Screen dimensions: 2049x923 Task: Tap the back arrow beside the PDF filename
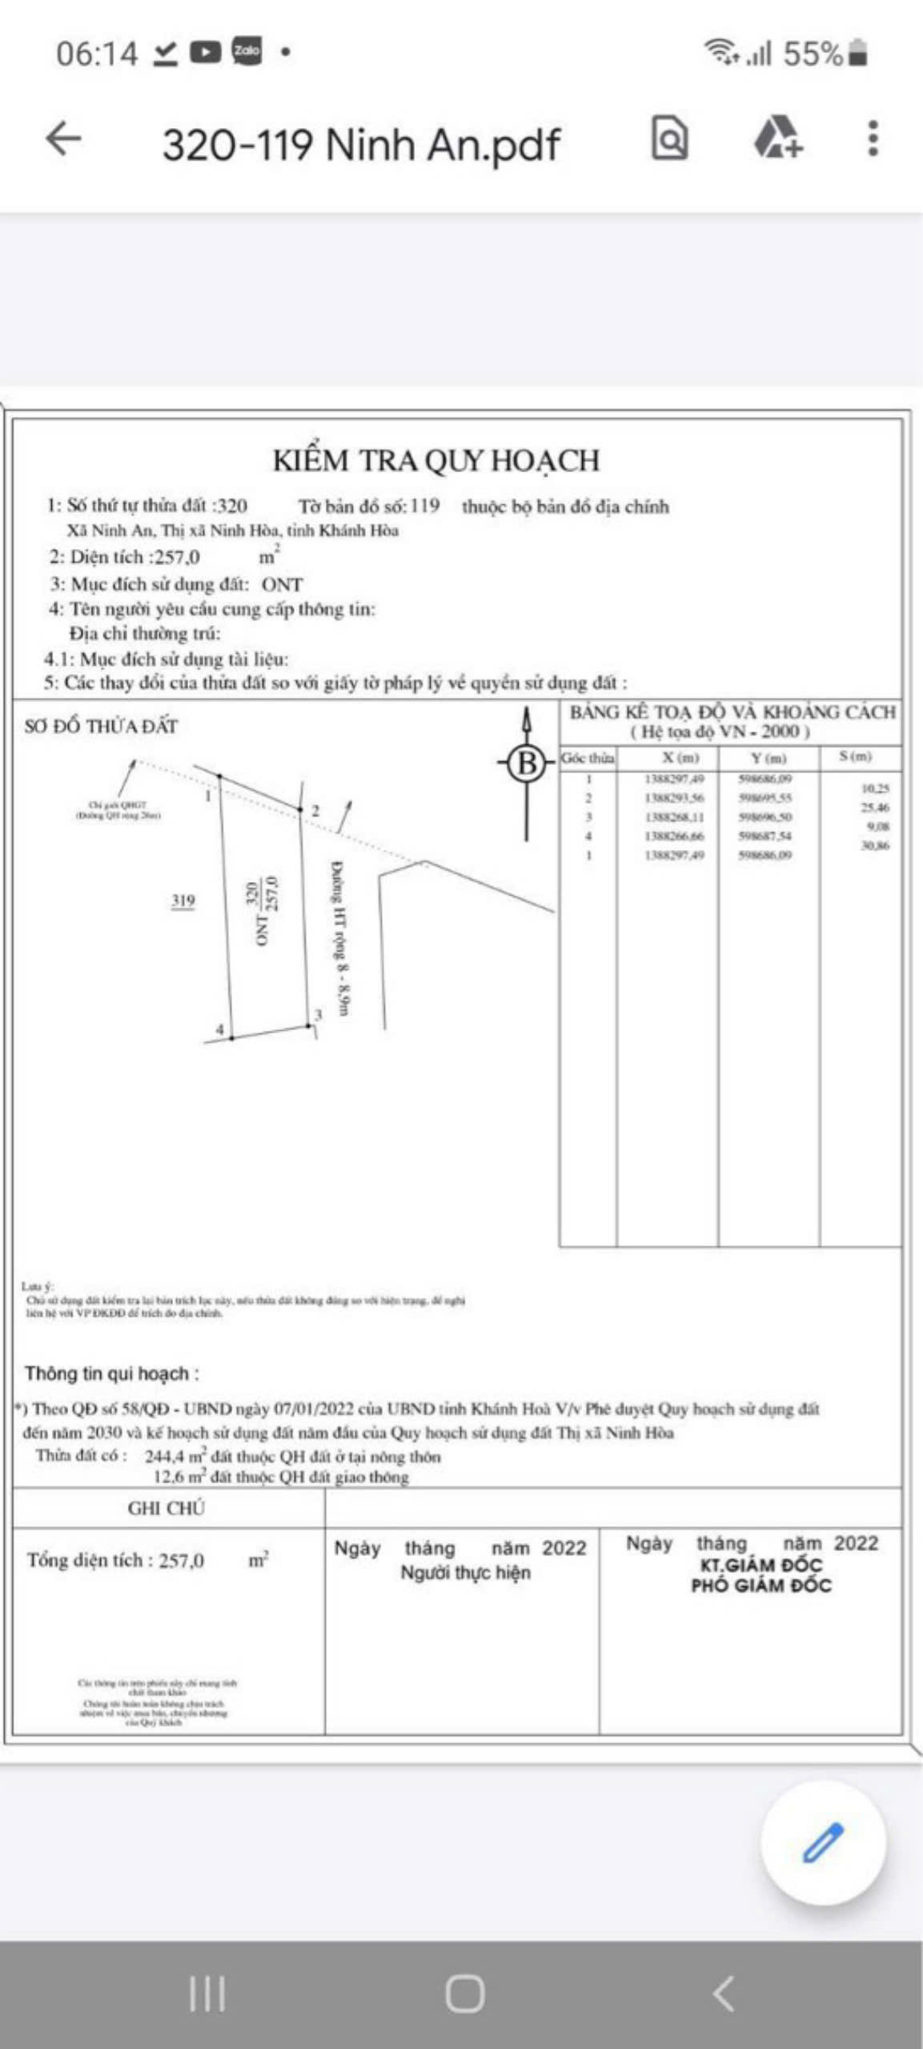(x=64, y=138)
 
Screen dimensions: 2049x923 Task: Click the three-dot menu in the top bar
(x=873, y=138)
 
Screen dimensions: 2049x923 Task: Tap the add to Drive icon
(x=777, y=138)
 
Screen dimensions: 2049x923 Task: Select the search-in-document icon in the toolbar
(x=669, y=138)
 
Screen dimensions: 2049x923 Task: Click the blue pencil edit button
(x=823, y=1842)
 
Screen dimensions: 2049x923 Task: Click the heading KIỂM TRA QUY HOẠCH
(x=435, y=461)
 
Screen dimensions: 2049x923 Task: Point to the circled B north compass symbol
(x=526, y=762)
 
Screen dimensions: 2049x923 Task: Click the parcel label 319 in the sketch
(x=183, y=901)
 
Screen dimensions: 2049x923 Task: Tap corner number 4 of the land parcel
(x=219, y=1029)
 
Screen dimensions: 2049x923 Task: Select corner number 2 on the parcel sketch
(x=315, y=811)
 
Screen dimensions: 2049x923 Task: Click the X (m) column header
(x=680, y=757)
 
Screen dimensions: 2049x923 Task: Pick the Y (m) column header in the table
(x=768, y=757)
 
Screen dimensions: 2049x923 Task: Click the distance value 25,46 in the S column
(x=874, y=808)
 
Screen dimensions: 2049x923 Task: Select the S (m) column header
(x=855, y=756)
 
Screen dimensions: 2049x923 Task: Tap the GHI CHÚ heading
(x=167, y=1508)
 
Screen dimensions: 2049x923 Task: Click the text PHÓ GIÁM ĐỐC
(x=761, y=1586)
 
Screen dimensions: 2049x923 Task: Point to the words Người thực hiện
(x=465, y=1573)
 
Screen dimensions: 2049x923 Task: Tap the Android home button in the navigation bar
(x=464, y=1993)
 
